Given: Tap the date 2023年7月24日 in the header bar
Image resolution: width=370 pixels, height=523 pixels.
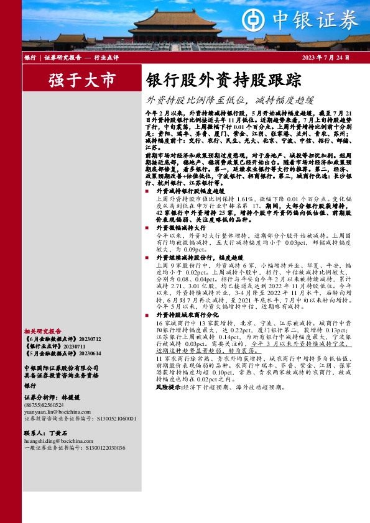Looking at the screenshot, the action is coord(326,58).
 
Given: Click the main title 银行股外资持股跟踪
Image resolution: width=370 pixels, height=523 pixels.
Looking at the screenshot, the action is coord(223,81).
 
